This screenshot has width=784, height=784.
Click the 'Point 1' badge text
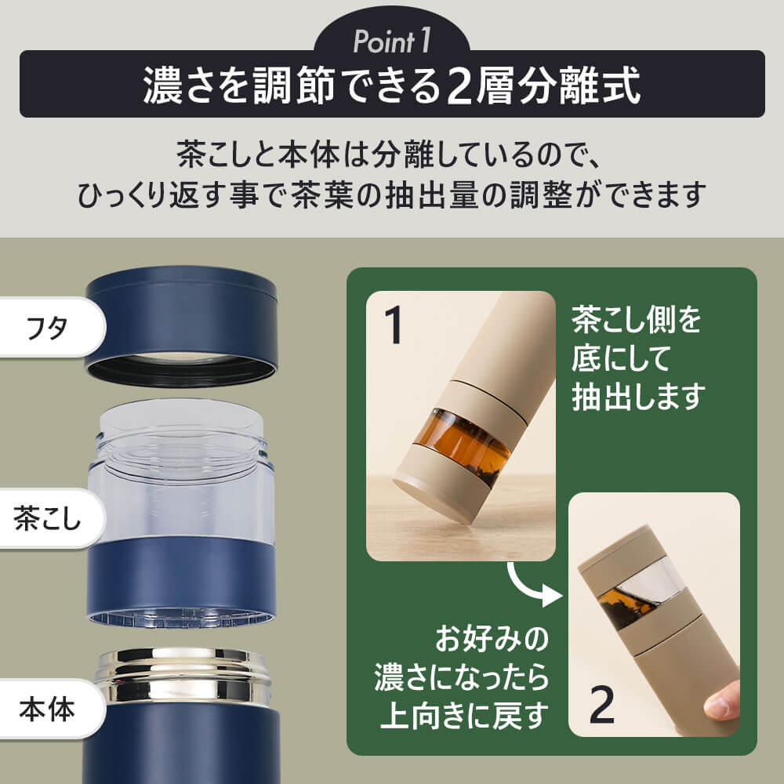[x=391, y=41]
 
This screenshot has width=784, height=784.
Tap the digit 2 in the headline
[x=460, y=86]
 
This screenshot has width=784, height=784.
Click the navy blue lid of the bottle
[x=182, y=325]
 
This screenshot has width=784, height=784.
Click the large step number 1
[x=394, y=325]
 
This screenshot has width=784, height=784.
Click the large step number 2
[x=602, y=704]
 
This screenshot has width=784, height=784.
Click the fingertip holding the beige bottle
[x=721, y=702]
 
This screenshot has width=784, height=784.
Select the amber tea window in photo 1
[x=463, y=441]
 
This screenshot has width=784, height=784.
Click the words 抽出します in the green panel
[x=638, y=397]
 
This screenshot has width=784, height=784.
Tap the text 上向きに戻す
[x=464, y=716]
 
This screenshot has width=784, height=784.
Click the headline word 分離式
[x=579, y=86]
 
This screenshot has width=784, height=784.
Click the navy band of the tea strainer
[x=182, y=580]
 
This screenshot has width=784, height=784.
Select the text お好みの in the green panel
[x=492, y=639]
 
